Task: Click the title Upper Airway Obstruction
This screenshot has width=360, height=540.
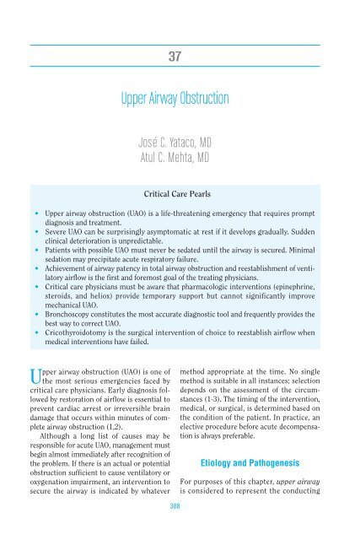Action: [x=180, y=100]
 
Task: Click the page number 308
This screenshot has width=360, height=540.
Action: [x=180, y=532]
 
